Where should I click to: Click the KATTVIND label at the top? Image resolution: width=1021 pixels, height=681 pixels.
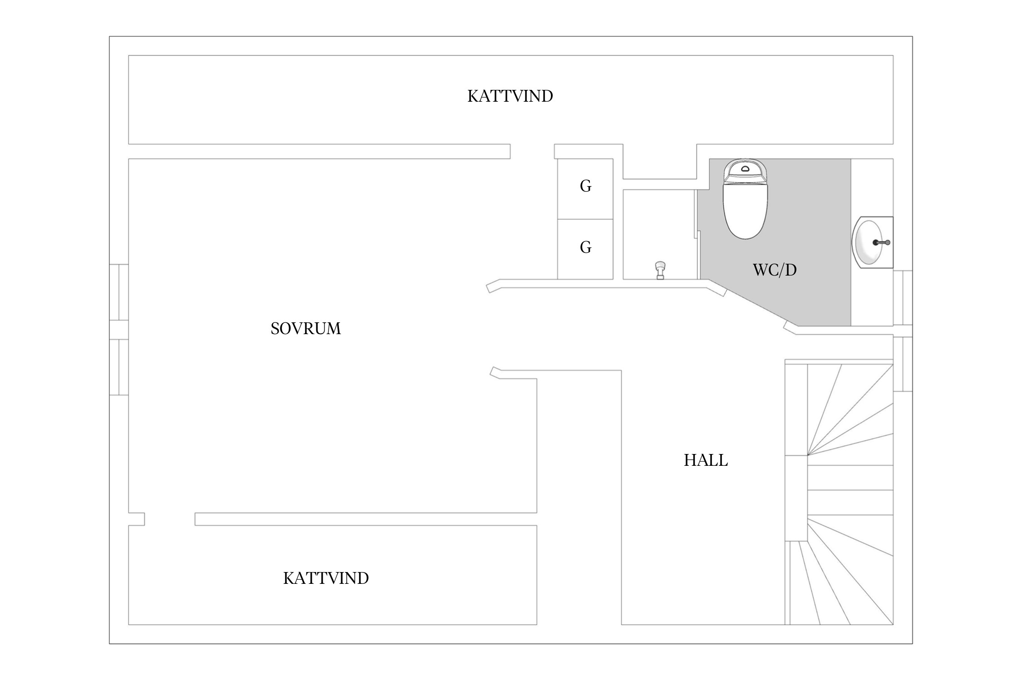(x=510, y=96)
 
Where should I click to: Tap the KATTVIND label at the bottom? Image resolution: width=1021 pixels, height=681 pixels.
(x=326, y=578)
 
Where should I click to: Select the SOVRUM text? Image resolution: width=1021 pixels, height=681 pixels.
(x=305, y=328)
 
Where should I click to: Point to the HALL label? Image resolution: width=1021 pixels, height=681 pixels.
(x=706, y=460)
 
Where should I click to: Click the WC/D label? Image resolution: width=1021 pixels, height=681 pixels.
(x=775, y=270)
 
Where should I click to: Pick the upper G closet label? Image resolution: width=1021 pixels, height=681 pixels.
(x=585, y=186)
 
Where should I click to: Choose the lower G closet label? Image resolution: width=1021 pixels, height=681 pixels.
(x=585, y=247)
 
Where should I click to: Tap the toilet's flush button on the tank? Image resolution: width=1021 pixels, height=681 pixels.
(x=745, y=169)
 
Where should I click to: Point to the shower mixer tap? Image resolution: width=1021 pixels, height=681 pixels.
(x=660, y=270)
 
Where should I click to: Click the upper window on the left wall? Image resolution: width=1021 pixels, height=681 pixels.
(x=118, y=292)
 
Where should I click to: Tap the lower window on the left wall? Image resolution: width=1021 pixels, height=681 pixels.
(x=118, y=367)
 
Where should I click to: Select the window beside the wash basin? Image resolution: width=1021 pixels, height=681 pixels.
(x=903, y=298)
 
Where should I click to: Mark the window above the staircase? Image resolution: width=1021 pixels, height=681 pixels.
(x=903, y=364)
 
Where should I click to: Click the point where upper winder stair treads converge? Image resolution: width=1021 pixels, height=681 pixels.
(x=808, y=455)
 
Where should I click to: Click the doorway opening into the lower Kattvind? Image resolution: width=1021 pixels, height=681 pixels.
(x=170, y=519)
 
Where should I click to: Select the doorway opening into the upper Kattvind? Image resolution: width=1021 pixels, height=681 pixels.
(x=532, y=151)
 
